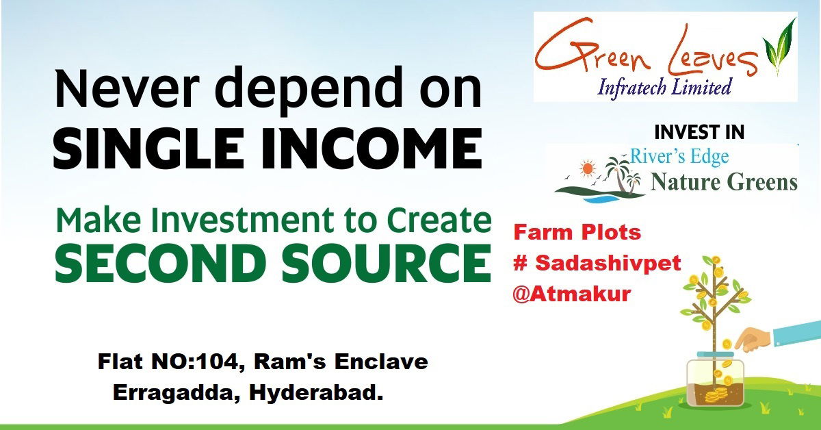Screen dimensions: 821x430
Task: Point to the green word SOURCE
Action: [x=387, y=263]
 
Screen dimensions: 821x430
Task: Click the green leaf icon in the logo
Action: [x=779, y=47]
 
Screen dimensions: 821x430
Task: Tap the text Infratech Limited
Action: [x=664, y=88]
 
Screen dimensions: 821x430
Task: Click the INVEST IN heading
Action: [x=699, y=132]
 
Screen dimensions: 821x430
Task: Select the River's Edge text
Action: [x=679, y=157]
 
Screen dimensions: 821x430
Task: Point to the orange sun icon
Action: [x=587, y=169]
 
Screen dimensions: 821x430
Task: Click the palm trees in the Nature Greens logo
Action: [x=623, y=175]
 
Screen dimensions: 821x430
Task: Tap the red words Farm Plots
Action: [x=577, y=233]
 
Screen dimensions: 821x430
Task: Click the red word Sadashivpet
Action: [x=608, y=263]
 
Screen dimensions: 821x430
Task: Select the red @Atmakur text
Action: [x=572, y=294]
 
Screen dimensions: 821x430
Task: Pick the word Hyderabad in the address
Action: [x=316, y=393]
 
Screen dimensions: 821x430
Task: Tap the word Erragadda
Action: [x=177, y=393]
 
